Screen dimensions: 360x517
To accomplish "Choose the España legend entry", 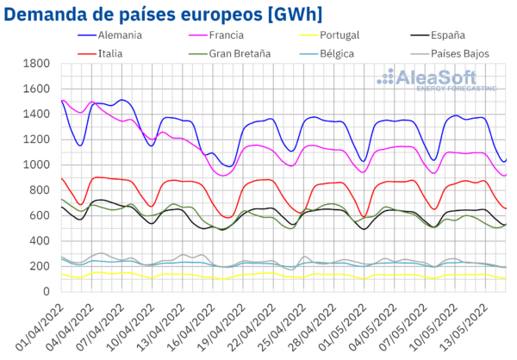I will coord(447,35).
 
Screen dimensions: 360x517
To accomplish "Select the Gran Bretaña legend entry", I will coord(239,53).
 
